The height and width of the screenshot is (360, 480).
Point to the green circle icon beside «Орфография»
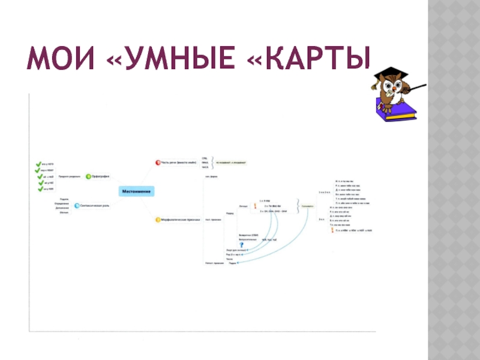[88, 176]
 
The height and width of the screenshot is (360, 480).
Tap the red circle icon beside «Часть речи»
[158, 162]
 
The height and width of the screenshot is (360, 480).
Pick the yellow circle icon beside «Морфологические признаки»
[158, 220]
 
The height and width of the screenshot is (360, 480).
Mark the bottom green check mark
[40, 190]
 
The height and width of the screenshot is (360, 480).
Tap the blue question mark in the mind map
[242, 244]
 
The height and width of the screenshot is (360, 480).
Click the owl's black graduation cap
[390, 73]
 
